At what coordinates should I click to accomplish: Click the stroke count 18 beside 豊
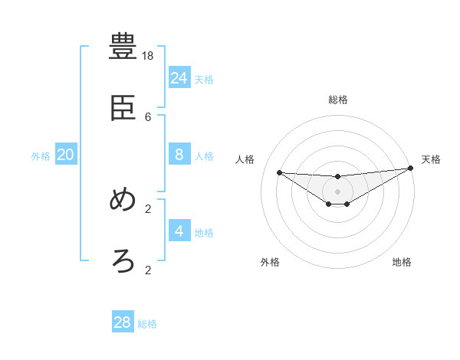tap(148, 55)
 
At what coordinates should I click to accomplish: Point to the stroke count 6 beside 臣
tap(148, 116)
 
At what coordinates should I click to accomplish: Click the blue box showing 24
tap(179, 77)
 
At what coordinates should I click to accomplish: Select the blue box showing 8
tap(179, 155)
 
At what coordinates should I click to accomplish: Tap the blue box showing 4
tap(179, 231)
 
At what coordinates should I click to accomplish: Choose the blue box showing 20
tap(65, 155)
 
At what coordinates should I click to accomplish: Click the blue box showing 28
tap(123, 322)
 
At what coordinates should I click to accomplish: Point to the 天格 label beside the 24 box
tap(204, 80)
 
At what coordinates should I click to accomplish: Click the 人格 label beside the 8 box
tap(204, 156)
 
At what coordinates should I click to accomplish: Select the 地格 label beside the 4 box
tap(204, 233)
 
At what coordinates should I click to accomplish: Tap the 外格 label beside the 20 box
tap(41, 156)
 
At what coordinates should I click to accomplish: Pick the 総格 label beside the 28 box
tap(147, 324)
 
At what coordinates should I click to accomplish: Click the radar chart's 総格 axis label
tap(337, 100)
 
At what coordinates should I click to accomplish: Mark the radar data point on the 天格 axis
tap(410, 169)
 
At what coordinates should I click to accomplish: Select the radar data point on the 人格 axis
tap(279, 172)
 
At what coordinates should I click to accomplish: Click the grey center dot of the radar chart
tap(337, 191)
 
